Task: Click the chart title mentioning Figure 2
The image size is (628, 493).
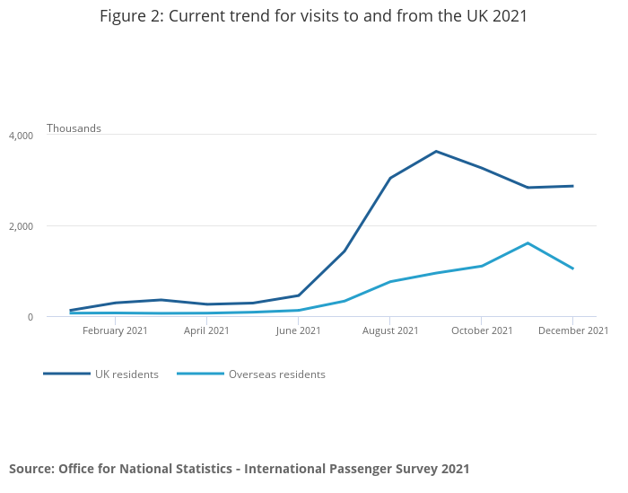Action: [x=313, y=16]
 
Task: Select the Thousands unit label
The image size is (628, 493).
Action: [x=74, y=128]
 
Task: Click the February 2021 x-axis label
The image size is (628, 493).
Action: [x=116, y=330]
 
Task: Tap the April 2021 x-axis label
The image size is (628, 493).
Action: [x=207, y=330]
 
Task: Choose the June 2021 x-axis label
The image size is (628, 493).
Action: [x=299, y=330]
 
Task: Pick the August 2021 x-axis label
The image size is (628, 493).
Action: [x=390, y=330]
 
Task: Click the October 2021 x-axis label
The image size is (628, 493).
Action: [x=482, y=330]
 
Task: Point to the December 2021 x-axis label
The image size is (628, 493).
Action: [x=573, y=330]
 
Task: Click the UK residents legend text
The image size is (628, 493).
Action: [x=126, y=374]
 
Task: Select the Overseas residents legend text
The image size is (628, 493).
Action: [x=276, y=374]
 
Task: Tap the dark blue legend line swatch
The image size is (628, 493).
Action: [x=67, y=374]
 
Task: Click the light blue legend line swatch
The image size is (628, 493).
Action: [x=200, y=374]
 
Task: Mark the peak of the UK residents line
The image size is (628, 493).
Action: [x=436, y=151]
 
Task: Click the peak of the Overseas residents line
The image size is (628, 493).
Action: [x=528, y=243]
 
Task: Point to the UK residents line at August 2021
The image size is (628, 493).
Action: [x=390, y=178]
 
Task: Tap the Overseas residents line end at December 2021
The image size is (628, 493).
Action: [x=572, y=269]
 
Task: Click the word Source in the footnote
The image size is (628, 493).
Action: [x=31, y=469]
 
